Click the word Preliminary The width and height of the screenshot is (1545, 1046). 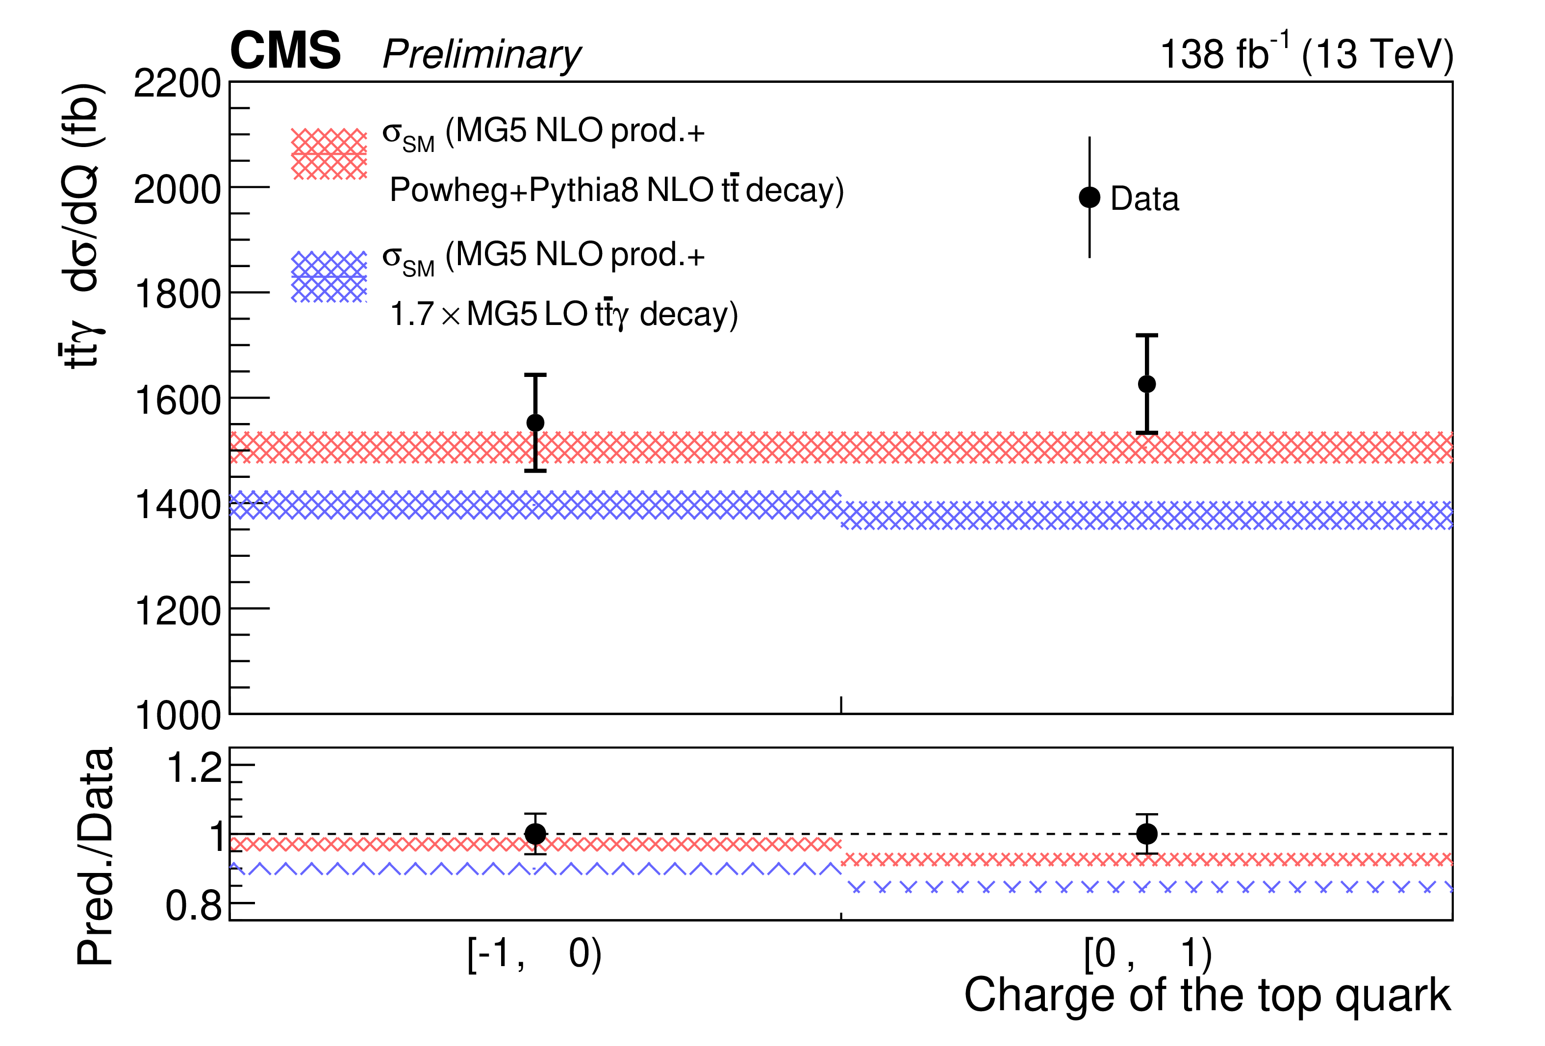point(481,54)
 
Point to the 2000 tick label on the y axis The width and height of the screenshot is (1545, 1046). point(177,190)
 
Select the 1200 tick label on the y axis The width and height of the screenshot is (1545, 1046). point(177,611)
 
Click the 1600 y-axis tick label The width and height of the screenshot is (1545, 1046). point(177,401)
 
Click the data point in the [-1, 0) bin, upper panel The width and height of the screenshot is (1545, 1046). point(535,423)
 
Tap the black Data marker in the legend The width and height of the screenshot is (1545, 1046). point(1089,198)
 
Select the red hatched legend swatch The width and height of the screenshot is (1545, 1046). point(329,154)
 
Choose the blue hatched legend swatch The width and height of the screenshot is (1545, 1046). point(329,277)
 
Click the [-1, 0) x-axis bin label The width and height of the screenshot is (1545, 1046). point(534,954)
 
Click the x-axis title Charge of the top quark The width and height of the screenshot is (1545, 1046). point(1207,996)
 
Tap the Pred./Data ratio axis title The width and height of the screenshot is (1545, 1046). point(95,857)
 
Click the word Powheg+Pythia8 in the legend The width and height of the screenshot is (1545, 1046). point(513,191)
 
